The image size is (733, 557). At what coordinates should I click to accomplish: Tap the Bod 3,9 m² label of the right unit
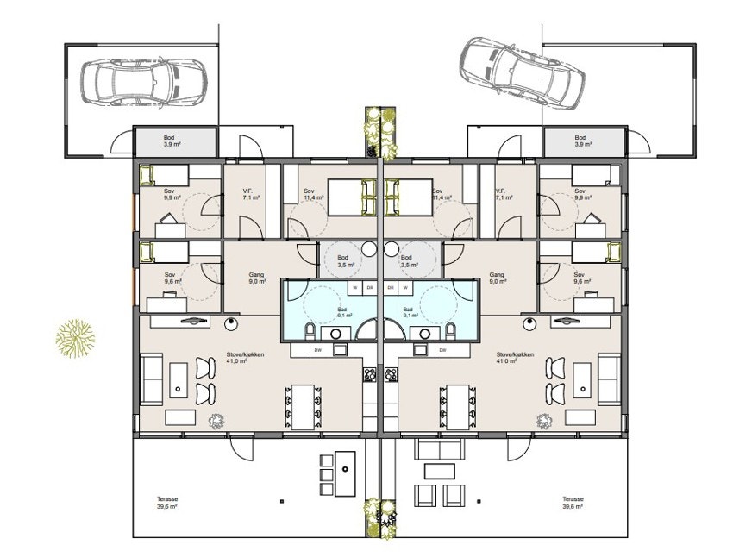click(x=581, y=141)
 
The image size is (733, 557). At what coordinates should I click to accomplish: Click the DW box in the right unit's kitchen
click(x=442, y=350)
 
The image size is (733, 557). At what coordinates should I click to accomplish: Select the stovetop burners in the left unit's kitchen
click(x=369, y=374)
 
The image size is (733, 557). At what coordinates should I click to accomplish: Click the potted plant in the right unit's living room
click(x=545, y=420)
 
